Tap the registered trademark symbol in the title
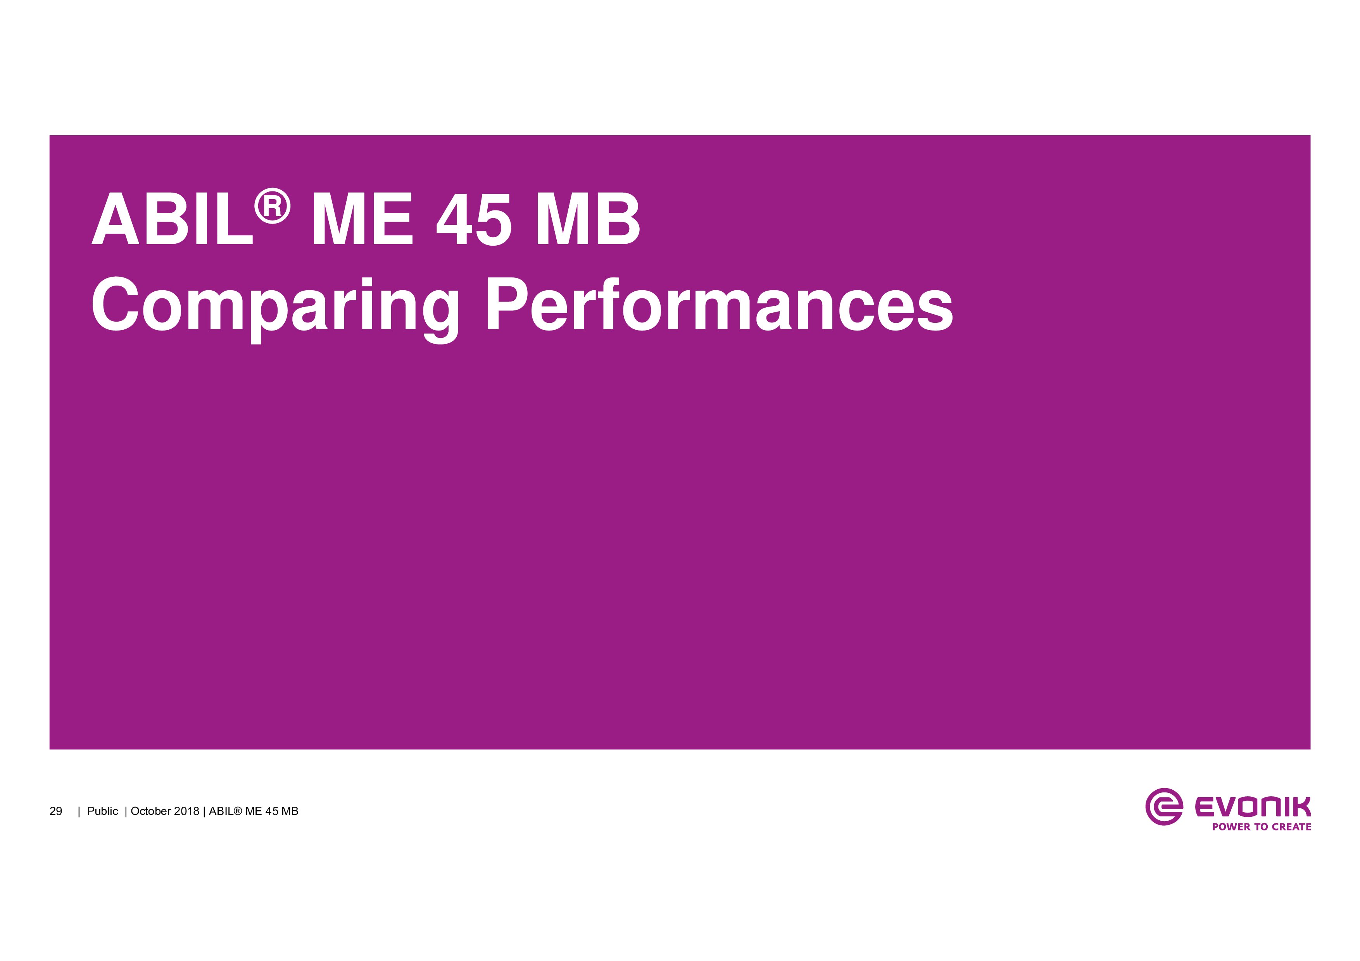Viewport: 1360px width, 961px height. [x=273, y=207]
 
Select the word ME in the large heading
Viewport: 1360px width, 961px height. [x=362, y=219]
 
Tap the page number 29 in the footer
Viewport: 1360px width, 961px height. [x=56, y=811]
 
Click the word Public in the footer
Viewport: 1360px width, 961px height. [x=102, y=811]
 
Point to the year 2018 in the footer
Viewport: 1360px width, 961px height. [x=186, y=811]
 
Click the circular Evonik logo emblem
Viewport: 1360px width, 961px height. [x=1164, y=806]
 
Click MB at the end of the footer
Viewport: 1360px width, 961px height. [x=290, y=811]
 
